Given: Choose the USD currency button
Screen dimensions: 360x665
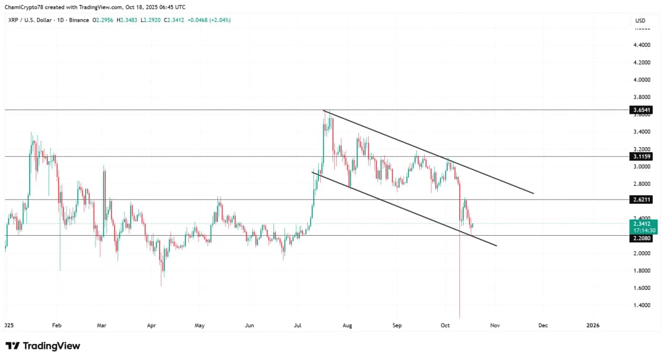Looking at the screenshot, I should [x=640, y=21].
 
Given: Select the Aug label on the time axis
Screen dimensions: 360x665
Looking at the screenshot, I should [x=347, y=325].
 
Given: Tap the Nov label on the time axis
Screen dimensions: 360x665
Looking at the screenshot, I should [x=494, y=325].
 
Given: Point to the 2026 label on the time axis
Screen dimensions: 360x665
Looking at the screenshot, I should [x=592, y=325].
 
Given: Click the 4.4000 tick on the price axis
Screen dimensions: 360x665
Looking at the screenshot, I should [x=642, y=46].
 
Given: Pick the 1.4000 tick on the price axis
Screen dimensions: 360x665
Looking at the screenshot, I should [x=642, y=305].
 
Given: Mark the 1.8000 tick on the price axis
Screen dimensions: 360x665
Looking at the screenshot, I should [x=642, y=271].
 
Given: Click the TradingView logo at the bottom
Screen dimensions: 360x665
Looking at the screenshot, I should [x=43, y=346].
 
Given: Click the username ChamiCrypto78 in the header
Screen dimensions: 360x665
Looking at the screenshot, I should [x=26, y=6].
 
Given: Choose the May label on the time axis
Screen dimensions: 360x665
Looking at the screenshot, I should [x=199, y=325].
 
